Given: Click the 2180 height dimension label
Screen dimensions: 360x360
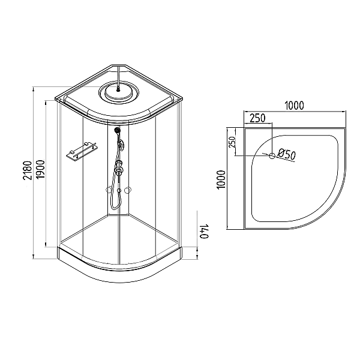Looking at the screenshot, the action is pyautogui.click(x=28, y=170).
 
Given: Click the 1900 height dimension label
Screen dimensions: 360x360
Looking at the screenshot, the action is pyautogui.click(x=41, y=169).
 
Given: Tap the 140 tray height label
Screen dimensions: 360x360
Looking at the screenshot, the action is pyautogui.click(x=205, y=232).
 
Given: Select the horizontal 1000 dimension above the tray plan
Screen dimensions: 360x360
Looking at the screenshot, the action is pyautogui.click(x=294, y=106).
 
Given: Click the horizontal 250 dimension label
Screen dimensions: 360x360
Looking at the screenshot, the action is pyautogui.click(x=257, y=118).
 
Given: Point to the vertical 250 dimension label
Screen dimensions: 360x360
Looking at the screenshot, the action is pyautogui.click(x=232, y=142).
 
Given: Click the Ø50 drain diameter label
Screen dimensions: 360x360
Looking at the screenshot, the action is pyautogui.click(x=286, y=154).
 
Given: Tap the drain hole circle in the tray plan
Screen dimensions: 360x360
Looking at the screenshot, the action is pyautogui.click(x=272, y=156).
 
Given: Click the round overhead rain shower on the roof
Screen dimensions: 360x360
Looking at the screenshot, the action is pyautogui.click(x=119, y=92).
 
